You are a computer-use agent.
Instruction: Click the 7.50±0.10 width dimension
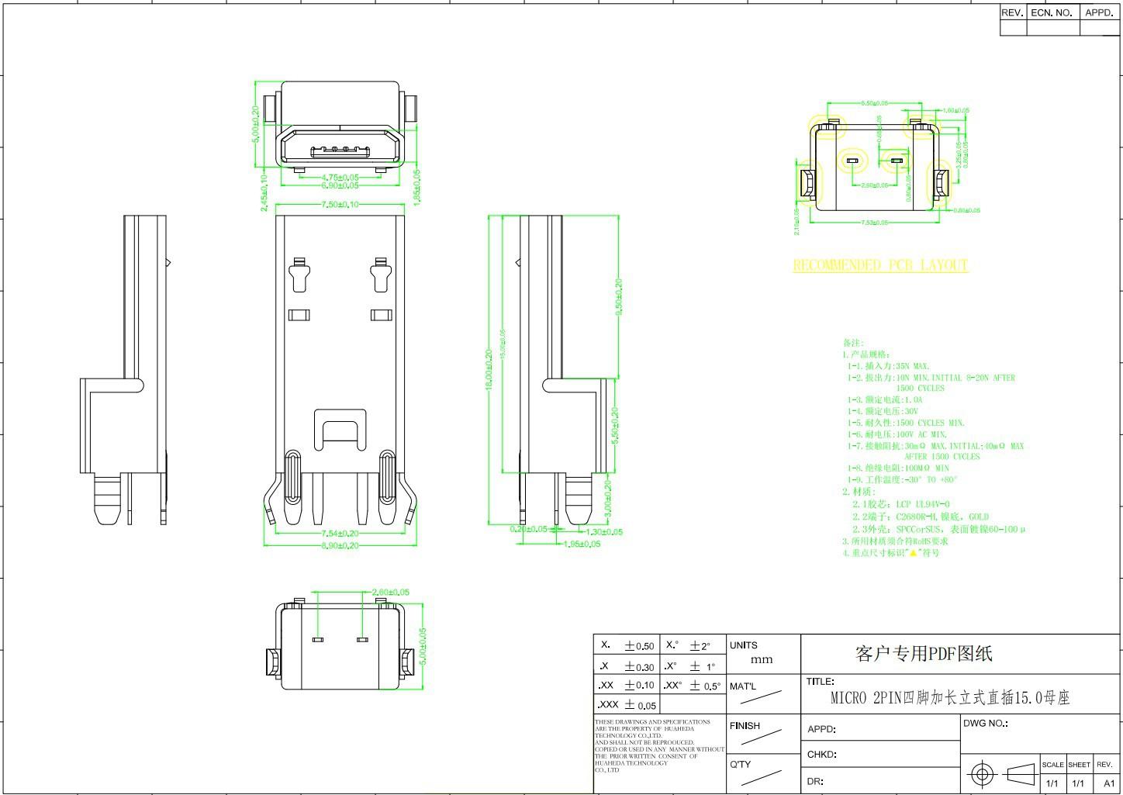(340, 205)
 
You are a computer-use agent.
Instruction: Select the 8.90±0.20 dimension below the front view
(340, 545)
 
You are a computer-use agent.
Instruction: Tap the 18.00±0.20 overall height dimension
(489, 370)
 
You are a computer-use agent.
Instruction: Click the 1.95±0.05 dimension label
(581, 544)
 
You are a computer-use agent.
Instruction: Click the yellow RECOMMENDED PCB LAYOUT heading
(880, 265)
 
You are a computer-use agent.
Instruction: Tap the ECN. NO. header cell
(1052, 13)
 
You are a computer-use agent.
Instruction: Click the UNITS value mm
(762, 660)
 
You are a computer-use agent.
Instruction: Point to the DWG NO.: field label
(985, 723)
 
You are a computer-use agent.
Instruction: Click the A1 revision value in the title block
(1108, 783)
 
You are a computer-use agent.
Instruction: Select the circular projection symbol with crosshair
(983, 774)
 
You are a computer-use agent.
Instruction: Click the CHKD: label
(822, 754)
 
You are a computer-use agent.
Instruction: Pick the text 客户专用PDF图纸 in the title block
(924, 654)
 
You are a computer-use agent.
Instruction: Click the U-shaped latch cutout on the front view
(340, 430)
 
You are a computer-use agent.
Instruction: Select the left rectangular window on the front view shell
(299, 315)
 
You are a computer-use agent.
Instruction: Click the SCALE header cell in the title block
(1052, 765)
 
